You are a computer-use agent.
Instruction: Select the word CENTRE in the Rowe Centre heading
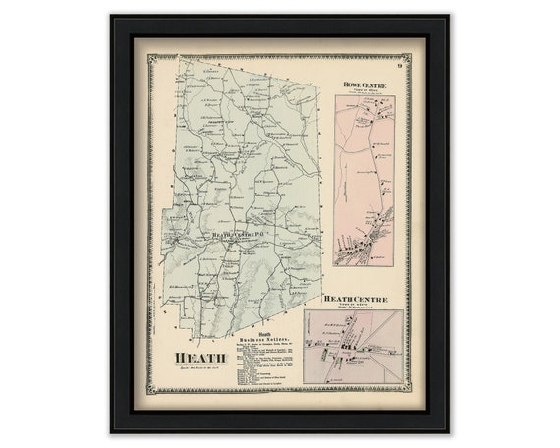click(x=377, y=84)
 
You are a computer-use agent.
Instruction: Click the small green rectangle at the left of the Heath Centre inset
click(x=311, y=341)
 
